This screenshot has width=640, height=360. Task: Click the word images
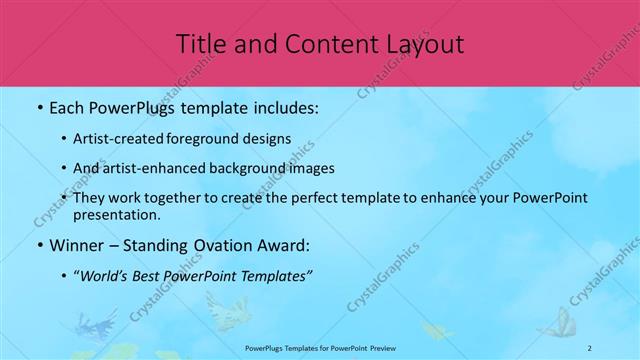(314, 168)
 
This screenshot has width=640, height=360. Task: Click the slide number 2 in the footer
(590, 348)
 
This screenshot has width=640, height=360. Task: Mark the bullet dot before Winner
(39, 244)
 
